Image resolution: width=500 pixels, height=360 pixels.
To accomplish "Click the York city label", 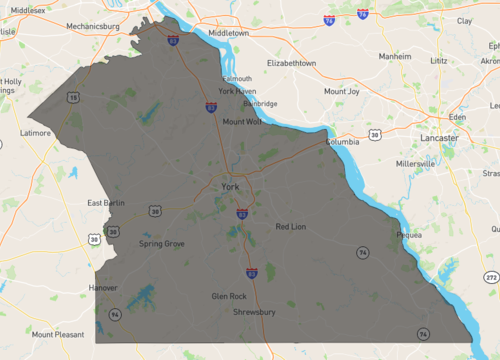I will point(230,187).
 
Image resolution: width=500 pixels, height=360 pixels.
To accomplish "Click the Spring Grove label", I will point(161,243).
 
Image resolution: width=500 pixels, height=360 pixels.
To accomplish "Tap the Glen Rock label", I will point(229,297).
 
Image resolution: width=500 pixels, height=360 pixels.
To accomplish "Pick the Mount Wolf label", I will point(242,122).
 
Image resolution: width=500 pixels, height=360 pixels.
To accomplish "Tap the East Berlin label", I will point(106,203).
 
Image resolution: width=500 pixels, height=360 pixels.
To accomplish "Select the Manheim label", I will point(396,57).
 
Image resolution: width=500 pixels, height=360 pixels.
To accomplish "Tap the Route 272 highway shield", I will point(491,275).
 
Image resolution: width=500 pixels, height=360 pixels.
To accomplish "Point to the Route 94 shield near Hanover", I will point(116,314).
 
